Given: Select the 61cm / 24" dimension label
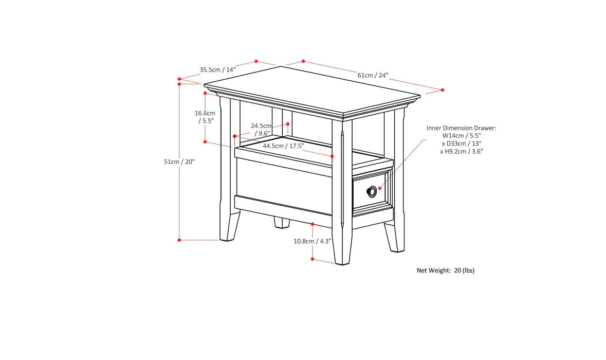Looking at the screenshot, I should [x=373, y=75].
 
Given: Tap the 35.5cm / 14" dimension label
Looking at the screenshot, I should [x=217, y=69].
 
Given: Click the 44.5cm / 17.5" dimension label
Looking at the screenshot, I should [x=283, y=146].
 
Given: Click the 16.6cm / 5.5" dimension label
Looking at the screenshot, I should [x=205, y=117].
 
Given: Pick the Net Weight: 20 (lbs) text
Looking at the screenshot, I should [x=445, y=270].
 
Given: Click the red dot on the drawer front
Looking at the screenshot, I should [x=380, y=188].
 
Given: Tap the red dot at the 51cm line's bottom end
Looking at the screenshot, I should [x=179, y=240].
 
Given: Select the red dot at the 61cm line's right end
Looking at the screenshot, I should [x=443, y=90].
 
